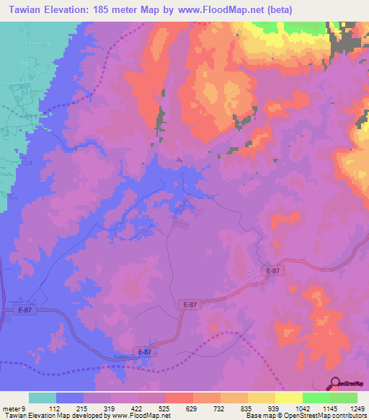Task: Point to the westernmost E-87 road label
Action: pyautogui.click(x=22, y=310)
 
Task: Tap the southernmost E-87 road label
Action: pyautogui.click(x=143, y=351)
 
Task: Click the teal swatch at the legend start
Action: pyautogui.click(x=43, y=398)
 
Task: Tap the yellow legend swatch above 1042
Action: pyautogui.click(x=289, y=398)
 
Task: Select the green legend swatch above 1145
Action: pyautogui.click(x=316, y=398)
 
